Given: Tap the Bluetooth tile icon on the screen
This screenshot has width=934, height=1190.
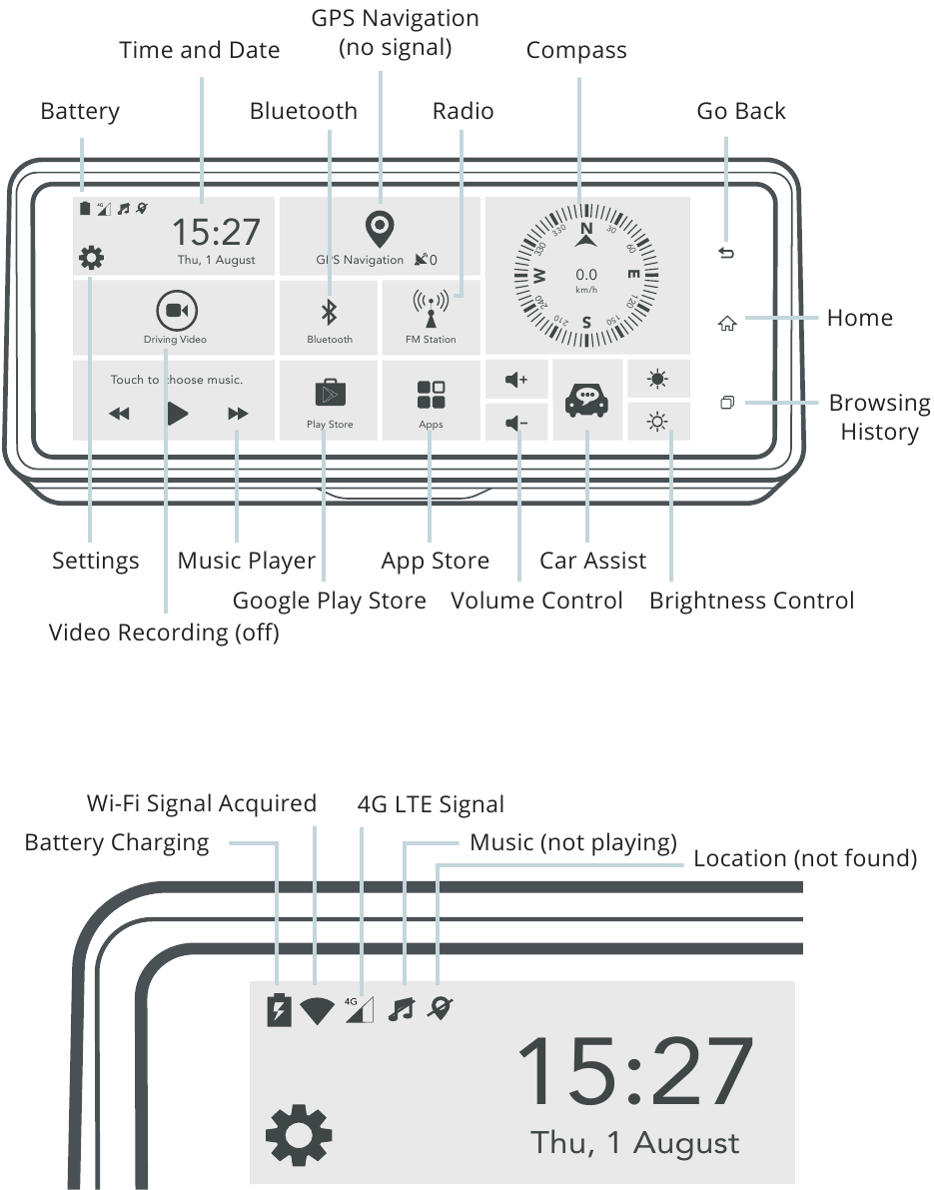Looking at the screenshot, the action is pyautogui.click(x=330, y=311).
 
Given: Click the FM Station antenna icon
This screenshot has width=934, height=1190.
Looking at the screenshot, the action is pyautogui.click(x=431, y=308).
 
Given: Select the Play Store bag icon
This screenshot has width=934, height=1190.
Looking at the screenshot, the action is pyautogui.click(x=330, y=393).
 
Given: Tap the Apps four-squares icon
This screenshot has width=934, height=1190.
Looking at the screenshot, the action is pyautogui.click(x=431, y=395).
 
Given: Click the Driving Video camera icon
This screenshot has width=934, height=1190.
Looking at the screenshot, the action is pyautogui.click(x=177, y=311).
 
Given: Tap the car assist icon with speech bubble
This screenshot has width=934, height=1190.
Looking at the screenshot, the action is pyautogui.click(x=586, y=400).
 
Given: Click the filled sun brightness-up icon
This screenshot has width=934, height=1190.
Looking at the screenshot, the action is pyautogui.click(x=658, y=379).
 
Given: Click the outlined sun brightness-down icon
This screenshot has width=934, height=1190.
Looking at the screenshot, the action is pyautogui.click(x=658, y=422).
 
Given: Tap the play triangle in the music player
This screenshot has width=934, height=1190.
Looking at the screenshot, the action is pyautogui.click(x=178, y=414).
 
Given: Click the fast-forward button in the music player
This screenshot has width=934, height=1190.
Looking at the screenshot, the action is pyautogui.click(x=238, y=414).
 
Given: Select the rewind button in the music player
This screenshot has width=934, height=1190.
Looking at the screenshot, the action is pyautogui.click(x=119, y=414).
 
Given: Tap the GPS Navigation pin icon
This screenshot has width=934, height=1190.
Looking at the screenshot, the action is pyautogui.click(x=380, y=229).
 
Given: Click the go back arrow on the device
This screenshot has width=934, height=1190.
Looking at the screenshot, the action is pyautogui.click(x=726, y=253).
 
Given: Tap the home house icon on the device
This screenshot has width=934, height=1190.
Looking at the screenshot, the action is pyautogui.click(x=727, y=324).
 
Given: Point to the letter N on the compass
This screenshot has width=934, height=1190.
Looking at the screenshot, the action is pyautogui.click(x=586, y=229).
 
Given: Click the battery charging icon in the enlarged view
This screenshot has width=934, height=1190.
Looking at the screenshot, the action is pyautogui.click(x=280, y=1009).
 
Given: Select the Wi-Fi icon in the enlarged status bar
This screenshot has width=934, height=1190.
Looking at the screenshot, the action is pyautogui.click(x=317, y=1011).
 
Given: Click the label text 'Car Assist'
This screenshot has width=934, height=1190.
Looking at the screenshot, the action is pyautogui.click(x=592, y=561).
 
